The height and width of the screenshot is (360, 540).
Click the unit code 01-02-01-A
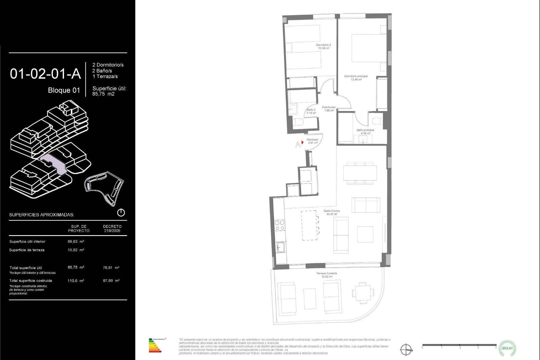[x=45, y=74]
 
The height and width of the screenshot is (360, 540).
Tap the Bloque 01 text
[x=64, y=90]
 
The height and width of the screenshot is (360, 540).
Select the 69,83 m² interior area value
[x=76, y=241]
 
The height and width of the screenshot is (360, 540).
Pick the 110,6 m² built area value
[x=75, y=281]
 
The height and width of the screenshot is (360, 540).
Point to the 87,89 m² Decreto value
[x=111, y=281]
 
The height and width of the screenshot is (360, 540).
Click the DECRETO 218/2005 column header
[x=112, y=228]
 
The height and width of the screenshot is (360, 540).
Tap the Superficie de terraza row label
[x=27, y=250]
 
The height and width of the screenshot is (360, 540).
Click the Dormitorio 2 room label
[x=323, y=46]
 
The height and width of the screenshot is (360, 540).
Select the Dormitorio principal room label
[x=356, y=78]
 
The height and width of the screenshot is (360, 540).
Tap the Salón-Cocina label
[x=332, y=212]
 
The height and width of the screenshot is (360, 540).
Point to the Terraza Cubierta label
[x=327, y=275]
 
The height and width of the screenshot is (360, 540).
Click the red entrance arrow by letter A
[x=302, y=142]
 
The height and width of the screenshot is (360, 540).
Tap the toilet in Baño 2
[x=298, y=122]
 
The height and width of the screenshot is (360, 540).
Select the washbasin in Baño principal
[x=363, y=139]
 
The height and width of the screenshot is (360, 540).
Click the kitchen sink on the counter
[x=280, y=247]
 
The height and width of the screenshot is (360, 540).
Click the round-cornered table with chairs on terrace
[x=363, y=293]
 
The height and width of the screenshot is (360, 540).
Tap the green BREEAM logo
[x=507, y=348]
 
